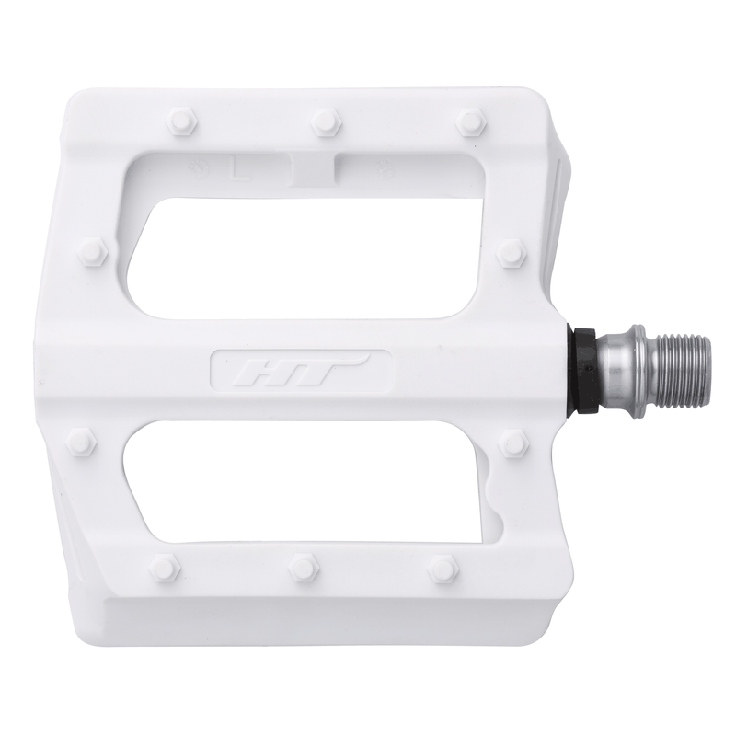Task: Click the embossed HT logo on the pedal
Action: point(293,372)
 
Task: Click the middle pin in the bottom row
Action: point(303,566)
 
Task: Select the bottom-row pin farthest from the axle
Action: point(163,566)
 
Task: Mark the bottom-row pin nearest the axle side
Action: point(443,566)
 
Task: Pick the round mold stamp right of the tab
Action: point(361,168)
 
